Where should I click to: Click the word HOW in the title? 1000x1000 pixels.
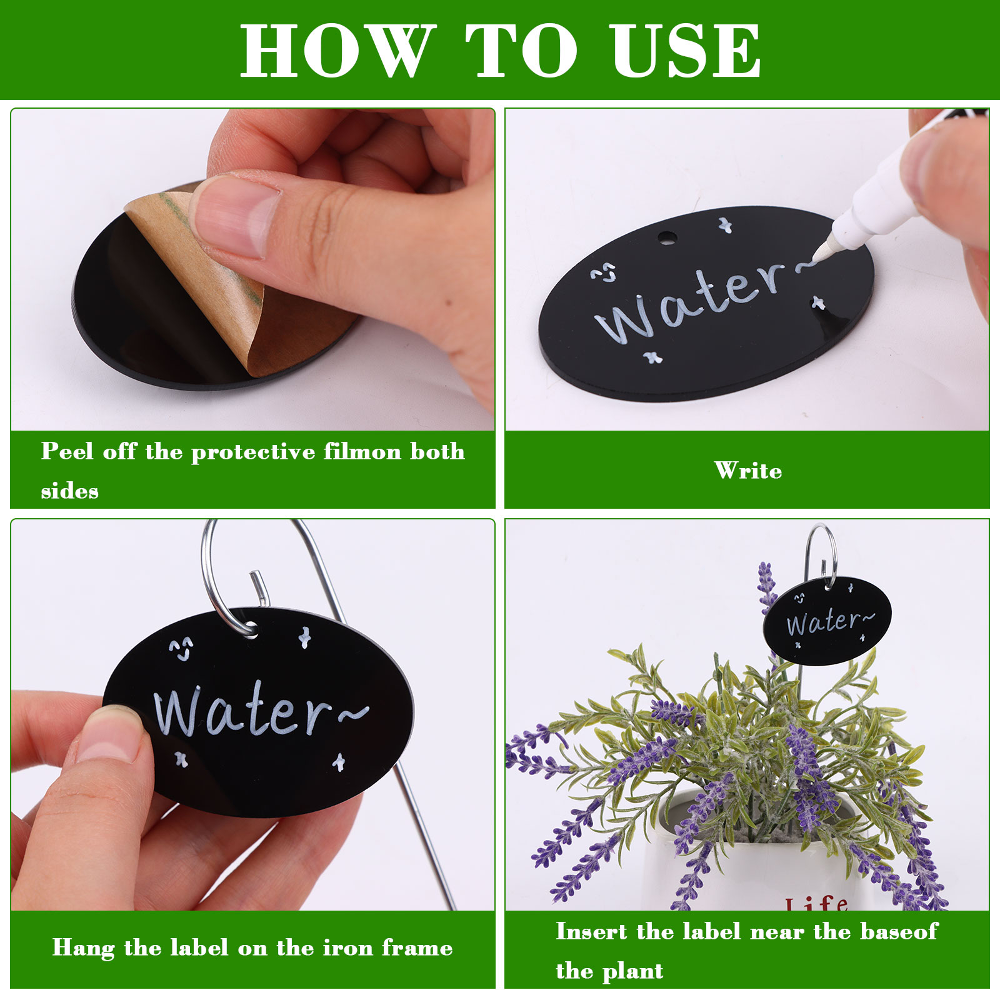click(x=338, y=51)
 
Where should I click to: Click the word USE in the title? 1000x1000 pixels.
click(x=686, y=51)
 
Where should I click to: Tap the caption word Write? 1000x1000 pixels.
click(x=748, y=471)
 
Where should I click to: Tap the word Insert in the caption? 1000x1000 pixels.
click(x=591, y=931)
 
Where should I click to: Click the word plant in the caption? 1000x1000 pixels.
click(x=635, y=971)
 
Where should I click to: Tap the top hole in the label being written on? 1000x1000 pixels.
click(x=667, y=237)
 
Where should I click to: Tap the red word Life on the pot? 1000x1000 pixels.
click(x=817, y=904)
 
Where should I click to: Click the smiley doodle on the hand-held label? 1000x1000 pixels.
click(x=181, y=649)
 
